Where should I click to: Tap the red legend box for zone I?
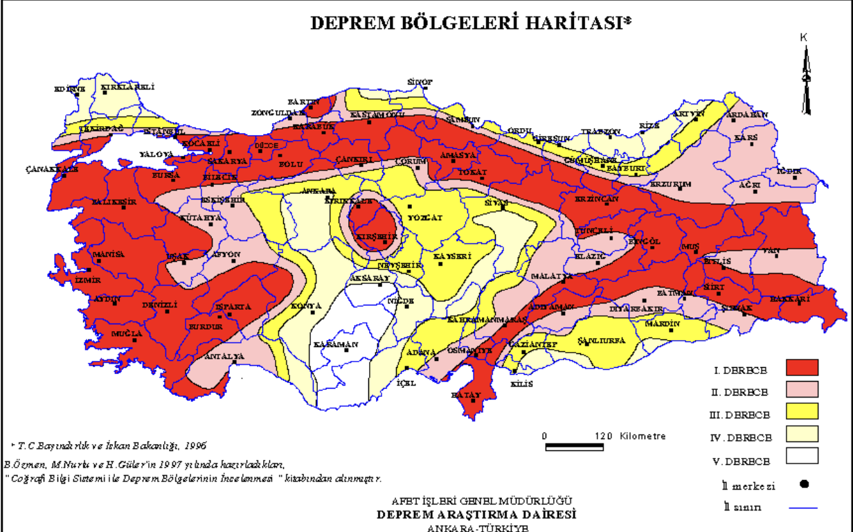coord(802,367)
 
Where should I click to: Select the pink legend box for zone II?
coord(802,389)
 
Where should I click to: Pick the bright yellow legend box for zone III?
coord(802,411)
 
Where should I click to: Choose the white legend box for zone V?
coord(802,455)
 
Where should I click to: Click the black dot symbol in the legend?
coord(805,484)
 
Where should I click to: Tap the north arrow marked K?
coord(805,76)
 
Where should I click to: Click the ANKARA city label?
coord(320,190)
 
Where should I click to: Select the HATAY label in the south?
coord(465,394)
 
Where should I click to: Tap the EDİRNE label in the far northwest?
coord(70,89)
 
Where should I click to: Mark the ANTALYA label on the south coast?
coord(224,357)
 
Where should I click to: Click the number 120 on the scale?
coord(603,436)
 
